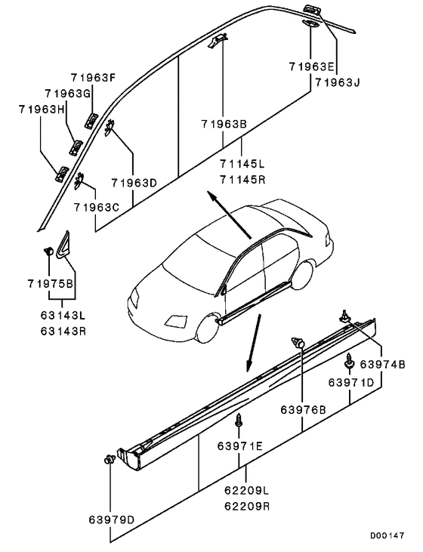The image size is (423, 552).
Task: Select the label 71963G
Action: coord(68,93)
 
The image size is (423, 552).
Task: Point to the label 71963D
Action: coord(134,182)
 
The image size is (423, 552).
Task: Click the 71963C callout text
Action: coord(97,206)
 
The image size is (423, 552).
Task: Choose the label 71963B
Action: coord(224,124)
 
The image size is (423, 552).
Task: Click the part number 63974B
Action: coord(382,365)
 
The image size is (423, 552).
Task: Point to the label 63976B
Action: coord(304,411)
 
